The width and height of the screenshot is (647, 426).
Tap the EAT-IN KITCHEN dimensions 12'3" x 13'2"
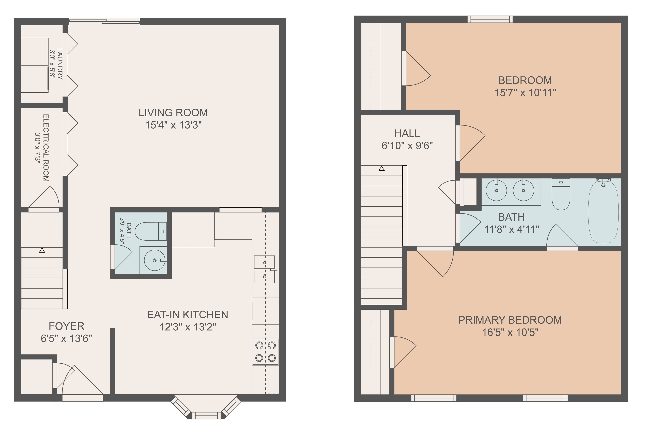coord(188,327)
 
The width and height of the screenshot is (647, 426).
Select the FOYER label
coord(66,326)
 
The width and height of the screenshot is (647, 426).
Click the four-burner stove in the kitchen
coord(265,351)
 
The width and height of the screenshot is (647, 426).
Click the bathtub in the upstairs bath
coord(603,212)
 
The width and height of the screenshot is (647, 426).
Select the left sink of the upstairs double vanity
coord(496,190)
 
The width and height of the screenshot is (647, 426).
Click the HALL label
coord(407,133)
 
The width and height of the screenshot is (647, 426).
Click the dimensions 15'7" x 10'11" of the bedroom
coord(525,93)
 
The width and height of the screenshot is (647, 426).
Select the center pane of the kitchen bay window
coord(206,415)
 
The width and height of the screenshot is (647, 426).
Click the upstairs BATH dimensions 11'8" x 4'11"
coord(511,230)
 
